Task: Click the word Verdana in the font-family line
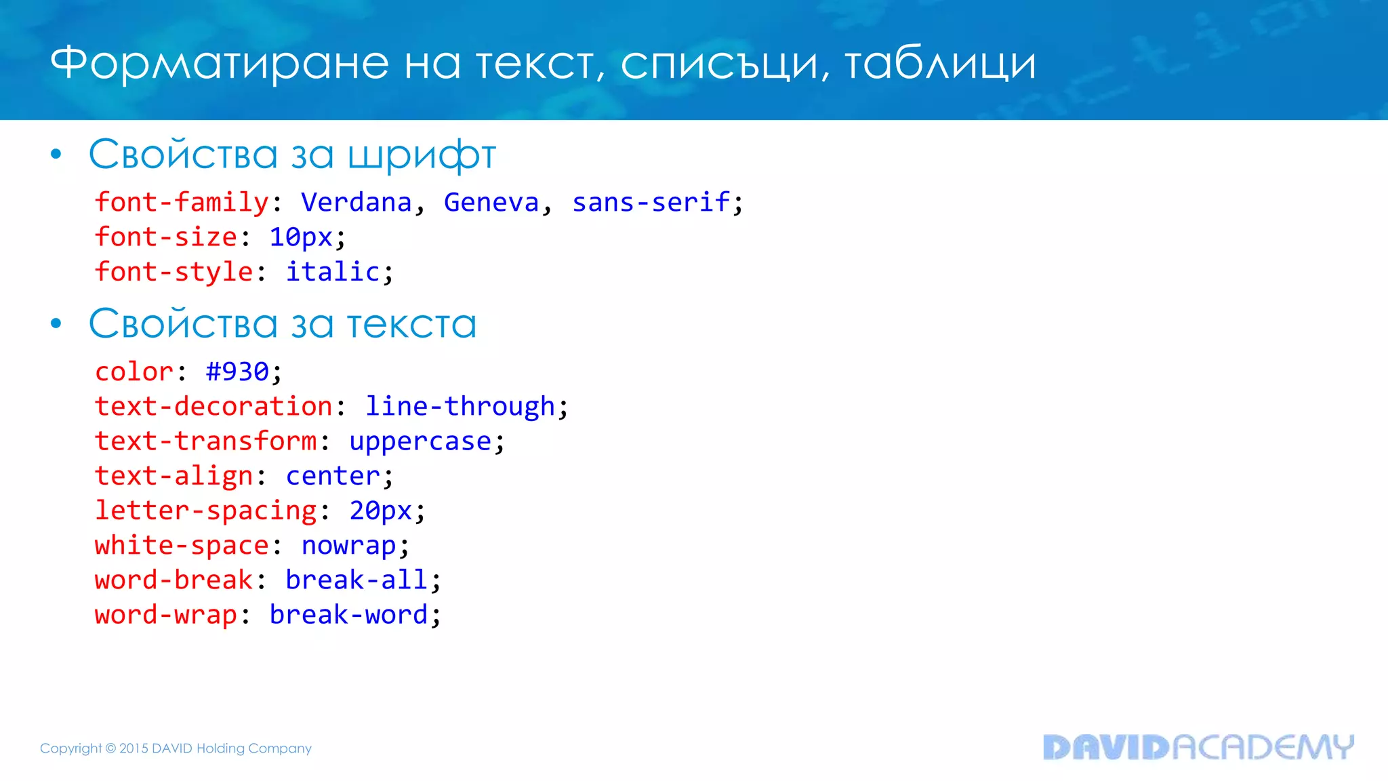356,202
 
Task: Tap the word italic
332,272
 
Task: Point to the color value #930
237,372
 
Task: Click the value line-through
460,406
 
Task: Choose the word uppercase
420,441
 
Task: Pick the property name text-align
173,476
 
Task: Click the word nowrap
348,545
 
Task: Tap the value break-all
356,580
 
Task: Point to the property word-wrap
166,615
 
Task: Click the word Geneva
491,202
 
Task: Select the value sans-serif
651,202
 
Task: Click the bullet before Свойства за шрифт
56,155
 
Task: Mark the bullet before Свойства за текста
56,324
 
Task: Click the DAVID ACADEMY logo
1198,747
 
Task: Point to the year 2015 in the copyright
134,748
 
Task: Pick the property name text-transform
205,441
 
